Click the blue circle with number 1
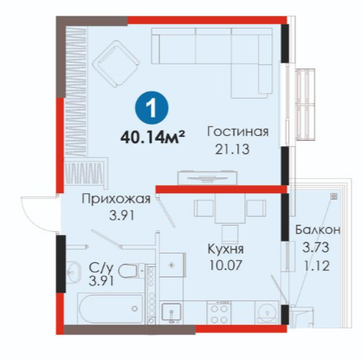coord(152,108)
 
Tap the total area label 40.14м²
coord(152,137)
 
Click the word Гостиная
coord(237,132)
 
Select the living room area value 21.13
coord(232,149)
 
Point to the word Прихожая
coord(116,199)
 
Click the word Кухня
coord(225,249)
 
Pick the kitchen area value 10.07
coord(225,265)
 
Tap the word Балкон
coord(318,230)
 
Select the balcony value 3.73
coord(316,247)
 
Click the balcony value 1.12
coord(317,265)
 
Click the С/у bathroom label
coord(101,269)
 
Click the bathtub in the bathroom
coord(111,308)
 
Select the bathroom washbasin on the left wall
coord(72,272)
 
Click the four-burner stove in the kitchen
coord(219,312)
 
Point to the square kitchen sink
coord(171,313)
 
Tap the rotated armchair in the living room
coord(116,64)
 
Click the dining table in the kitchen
coord(229,208)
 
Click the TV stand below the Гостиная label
coord(208,178)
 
